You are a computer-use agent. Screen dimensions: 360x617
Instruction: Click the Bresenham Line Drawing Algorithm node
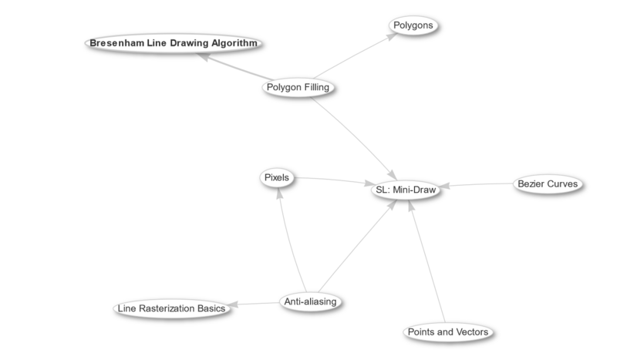click(173, 43)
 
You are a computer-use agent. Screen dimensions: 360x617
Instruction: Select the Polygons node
click(415, 25)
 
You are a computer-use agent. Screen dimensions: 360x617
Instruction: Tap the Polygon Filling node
click(298, 87)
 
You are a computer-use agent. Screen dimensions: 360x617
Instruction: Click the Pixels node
click(276, 177)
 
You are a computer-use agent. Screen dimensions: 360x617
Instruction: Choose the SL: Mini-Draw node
click(406, 187)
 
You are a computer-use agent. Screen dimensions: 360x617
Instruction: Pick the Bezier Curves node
click(546, 184)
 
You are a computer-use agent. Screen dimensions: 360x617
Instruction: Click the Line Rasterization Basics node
click(170, 308)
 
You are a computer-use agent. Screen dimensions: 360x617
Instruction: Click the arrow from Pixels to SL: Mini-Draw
click(332, 182)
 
